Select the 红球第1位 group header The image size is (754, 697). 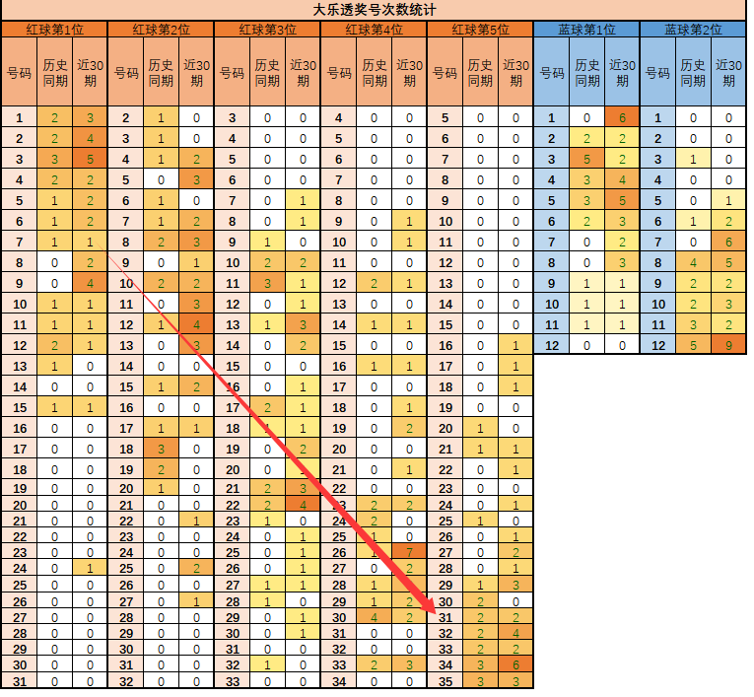point(53,30)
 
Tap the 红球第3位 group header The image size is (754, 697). point(267,30)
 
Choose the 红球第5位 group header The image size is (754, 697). point(480,30)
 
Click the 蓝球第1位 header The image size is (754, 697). point(586,30)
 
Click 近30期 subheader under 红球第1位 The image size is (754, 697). point(90,72)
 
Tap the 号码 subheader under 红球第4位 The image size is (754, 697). point(339,72)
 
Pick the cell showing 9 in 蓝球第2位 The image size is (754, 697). point(728,345)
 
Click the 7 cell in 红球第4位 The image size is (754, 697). point(409,551)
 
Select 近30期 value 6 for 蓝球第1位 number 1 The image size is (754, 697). point(622,118)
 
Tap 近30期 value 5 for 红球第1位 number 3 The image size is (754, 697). point(90,158)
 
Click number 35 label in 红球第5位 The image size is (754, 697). point(446,680)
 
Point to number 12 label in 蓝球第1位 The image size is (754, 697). point(552,345)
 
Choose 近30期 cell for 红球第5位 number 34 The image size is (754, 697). point(515,664)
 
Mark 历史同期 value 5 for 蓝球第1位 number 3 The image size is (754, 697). point(586,158)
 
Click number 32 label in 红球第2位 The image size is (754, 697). point(126,680)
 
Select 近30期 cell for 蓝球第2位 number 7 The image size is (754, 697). point(728,242)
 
